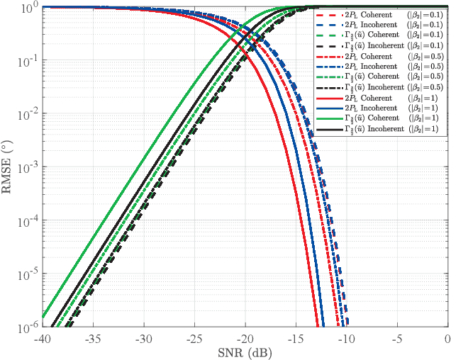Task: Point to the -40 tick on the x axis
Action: [42, 338]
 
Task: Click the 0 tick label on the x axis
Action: [447, 338]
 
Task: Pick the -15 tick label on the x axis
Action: [296, 338]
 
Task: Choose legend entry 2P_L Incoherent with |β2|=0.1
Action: [379, 25]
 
